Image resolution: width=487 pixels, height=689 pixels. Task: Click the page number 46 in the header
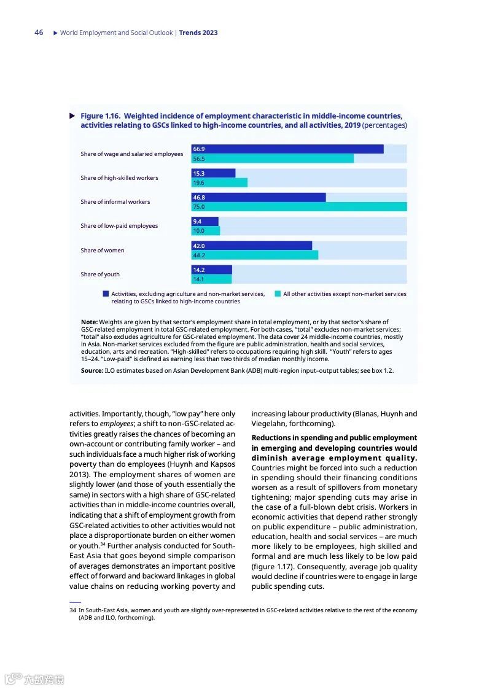coord(39,33)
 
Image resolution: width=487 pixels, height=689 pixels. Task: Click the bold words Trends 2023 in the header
coord(198,33)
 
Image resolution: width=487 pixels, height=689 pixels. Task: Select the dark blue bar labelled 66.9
coord(287,149)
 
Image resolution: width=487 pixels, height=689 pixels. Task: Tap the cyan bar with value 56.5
coord(273,158)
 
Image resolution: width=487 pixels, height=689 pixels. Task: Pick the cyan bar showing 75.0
coord(299,207)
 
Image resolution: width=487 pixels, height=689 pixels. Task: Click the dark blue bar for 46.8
coord(259,197)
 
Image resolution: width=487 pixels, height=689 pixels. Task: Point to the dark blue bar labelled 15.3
coord(214,173)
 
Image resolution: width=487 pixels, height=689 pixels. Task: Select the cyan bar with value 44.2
coord(255,255)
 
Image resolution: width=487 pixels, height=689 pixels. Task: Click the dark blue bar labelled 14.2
coord(212,270)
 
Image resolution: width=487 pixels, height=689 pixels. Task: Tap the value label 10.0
coord(198,231)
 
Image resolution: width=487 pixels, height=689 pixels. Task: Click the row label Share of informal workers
coord(115,202)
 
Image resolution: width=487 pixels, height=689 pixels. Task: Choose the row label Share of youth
coord(99,274)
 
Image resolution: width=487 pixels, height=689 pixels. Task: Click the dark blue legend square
coord(106,294)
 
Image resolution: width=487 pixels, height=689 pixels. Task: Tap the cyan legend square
coord(278,294)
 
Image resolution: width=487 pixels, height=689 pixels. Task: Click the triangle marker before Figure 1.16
coord(72,115)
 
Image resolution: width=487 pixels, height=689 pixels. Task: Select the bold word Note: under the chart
coord(89,322)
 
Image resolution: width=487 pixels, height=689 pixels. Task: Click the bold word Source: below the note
coord(92,371)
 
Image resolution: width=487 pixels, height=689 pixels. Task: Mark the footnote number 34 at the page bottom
coord(72,610)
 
